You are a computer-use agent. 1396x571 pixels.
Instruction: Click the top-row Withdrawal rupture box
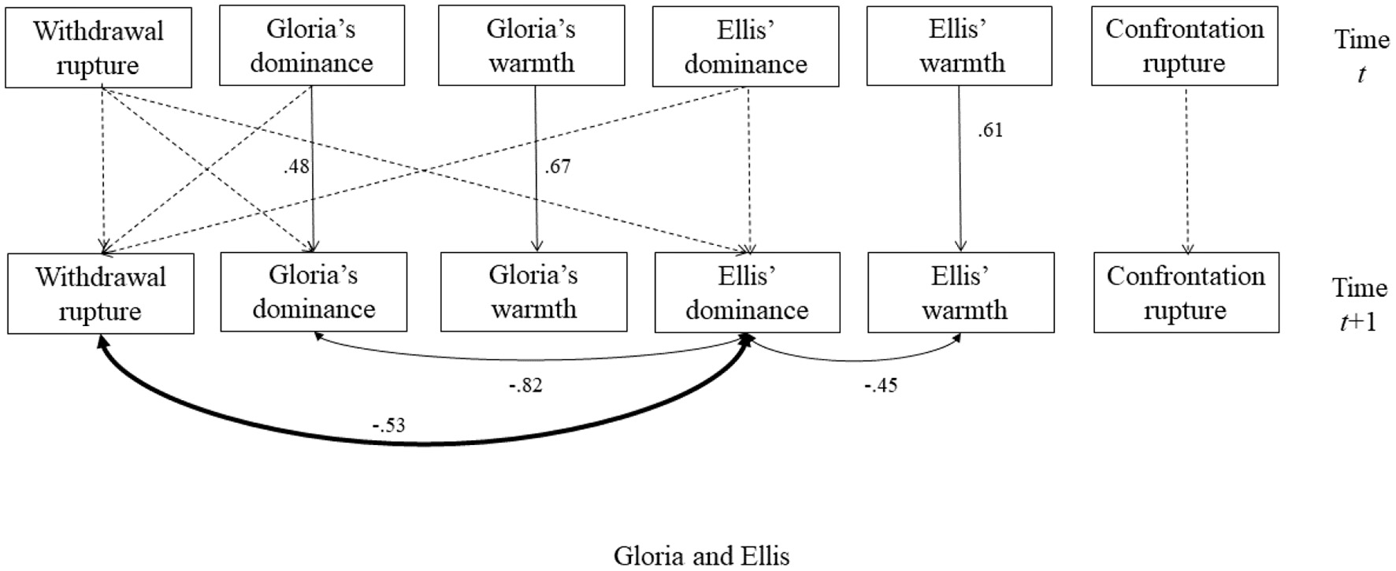(x=98, y=47)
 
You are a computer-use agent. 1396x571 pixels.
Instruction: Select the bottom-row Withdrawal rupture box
(x=101, y=294)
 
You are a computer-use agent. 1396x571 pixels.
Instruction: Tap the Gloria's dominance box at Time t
(x=312, y=46)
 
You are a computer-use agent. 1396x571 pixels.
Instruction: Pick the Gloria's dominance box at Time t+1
(x=314, y=292)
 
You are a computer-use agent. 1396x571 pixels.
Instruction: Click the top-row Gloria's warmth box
(x=531, y=46)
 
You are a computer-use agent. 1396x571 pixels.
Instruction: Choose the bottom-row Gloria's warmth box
(x=533, y=292)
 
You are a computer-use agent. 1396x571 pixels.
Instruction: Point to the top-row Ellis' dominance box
(x=745, y=46)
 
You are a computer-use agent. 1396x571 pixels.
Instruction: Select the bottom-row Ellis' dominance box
(x=747, y=293)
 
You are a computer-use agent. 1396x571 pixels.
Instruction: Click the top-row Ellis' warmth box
(x=959, y=46)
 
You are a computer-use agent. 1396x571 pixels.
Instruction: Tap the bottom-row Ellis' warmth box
(x=961, y=293)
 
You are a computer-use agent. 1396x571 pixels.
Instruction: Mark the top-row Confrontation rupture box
(x=1184, y=46)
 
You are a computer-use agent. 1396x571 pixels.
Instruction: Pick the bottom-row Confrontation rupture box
(x=1186, y=293)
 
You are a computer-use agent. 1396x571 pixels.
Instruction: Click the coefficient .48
(x=296, y=167)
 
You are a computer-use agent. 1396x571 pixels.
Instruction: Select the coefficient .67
(x=557, y=167)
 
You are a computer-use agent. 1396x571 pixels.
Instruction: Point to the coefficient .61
(x=990, y=131)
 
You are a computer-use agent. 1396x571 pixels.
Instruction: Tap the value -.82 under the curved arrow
(x=525, y=385)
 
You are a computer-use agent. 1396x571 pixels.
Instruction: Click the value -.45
(x=880, y=385)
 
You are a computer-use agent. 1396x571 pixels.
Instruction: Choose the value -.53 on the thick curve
(x=388, y=426)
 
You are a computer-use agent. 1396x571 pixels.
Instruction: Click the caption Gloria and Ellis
(x=701, y=556)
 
